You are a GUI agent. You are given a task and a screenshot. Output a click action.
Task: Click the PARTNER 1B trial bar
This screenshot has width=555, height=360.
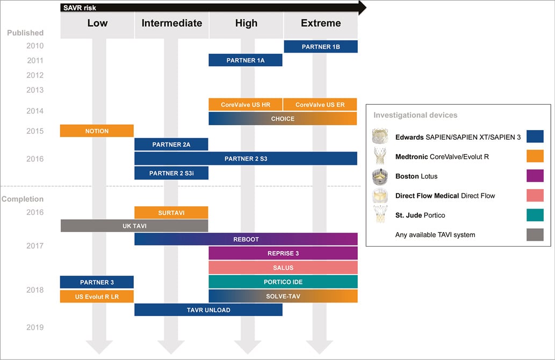point(321,47)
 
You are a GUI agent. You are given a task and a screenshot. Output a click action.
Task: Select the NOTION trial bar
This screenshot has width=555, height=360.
point(97,131)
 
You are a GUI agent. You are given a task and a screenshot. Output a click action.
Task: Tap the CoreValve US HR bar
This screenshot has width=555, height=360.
point(246,105)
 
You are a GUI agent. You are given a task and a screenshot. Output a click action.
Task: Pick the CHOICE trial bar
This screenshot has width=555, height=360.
point(283,119)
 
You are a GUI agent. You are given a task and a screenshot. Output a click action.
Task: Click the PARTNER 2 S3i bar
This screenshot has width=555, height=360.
point(171,173)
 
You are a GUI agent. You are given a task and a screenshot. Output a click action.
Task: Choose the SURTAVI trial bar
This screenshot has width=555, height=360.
point(171,213)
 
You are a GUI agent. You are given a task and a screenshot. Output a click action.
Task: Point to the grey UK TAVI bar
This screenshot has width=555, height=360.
point(134,226)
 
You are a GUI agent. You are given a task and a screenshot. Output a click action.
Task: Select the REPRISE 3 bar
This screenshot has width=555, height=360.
point(283,254)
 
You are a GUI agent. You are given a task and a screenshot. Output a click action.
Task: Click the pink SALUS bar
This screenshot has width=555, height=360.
point(283,268)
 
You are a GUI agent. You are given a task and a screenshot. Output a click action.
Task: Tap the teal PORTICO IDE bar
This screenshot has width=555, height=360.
point(283,282)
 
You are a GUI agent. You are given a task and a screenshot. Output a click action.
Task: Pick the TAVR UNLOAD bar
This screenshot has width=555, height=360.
point(208,310)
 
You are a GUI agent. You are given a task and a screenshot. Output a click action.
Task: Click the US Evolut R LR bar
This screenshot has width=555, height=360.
point(97,296)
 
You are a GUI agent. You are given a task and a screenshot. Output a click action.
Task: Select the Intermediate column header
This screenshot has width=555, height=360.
point(172,23)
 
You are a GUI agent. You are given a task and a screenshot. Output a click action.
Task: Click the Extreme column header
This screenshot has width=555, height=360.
point(321,23)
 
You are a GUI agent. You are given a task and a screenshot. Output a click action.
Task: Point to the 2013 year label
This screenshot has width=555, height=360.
point(35,90)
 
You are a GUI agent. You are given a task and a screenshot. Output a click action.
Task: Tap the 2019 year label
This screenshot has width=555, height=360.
point(35,327)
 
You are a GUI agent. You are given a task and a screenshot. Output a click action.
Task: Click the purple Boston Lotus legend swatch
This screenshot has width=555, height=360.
point(535,176)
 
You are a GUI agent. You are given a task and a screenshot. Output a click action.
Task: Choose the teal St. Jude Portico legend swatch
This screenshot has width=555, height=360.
point(535,215)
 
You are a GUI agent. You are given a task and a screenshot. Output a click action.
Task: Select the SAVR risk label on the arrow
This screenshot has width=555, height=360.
point(80,8)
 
